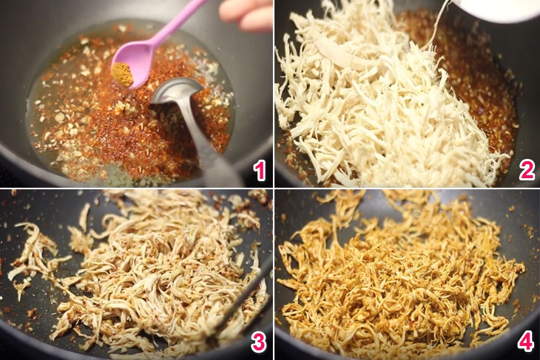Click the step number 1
click(258, 171)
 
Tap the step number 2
click(526, 171)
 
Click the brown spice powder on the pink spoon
click(123, 73)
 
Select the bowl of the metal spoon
click(175, 93)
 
